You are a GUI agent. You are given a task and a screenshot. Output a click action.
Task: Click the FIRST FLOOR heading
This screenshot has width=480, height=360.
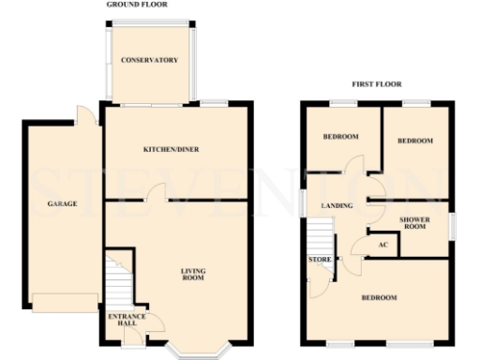pos(376,84)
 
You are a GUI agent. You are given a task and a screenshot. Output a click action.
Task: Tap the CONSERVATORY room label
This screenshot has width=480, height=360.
pos(149,61)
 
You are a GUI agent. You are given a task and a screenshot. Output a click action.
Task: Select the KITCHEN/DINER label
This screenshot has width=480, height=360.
pos(171,149)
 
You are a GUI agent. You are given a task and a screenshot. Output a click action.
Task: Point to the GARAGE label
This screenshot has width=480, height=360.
pos(62,203)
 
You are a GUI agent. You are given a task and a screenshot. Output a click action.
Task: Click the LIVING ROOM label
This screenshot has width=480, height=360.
pos(193,275)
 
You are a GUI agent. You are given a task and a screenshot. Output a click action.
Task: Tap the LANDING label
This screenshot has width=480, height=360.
pos(337,204)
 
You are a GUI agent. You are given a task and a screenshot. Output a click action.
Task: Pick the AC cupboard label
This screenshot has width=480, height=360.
pos(382,246)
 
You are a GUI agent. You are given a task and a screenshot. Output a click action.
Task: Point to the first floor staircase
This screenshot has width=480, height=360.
pos(322,235)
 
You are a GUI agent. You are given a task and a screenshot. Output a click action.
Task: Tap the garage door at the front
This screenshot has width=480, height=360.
pos(65,303)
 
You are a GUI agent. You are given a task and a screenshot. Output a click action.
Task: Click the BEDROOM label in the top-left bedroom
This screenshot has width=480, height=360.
pos(340,137)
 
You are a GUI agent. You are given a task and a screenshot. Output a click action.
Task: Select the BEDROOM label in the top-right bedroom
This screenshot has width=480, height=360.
pos(414,141)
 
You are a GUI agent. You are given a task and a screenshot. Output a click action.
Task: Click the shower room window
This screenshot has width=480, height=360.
pos(451,225)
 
